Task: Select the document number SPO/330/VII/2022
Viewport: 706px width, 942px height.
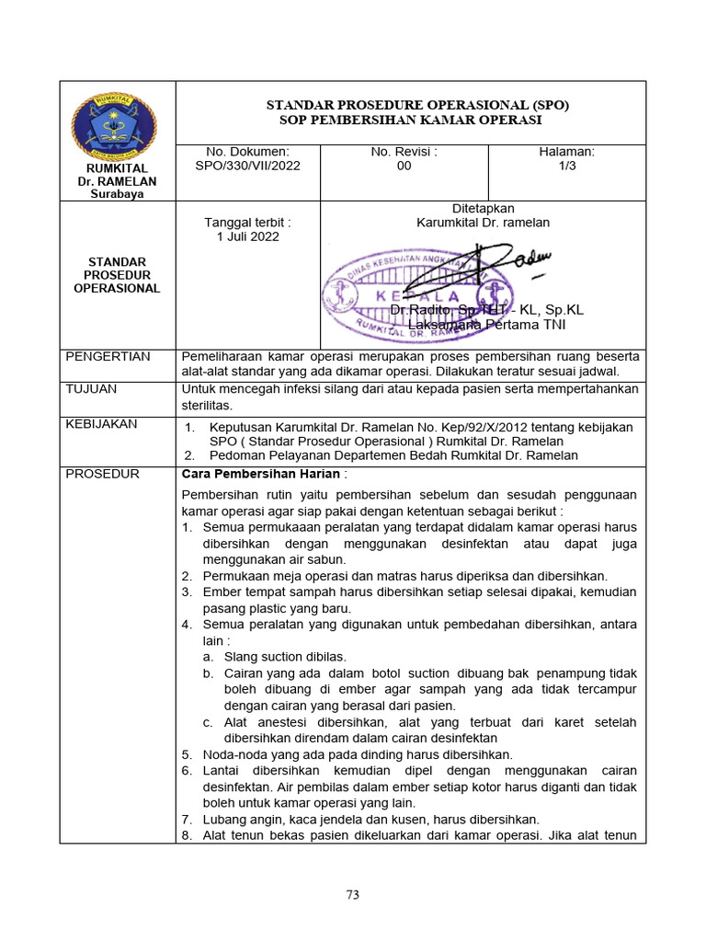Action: [x=248, y=167]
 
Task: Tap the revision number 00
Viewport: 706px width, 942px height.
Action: [x=404, y=167]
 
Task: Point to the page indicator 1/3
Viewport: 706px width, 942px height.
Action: [x=566, y=167]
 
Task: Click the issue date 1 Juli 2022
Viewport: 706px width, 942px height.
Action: [x=248, y=236]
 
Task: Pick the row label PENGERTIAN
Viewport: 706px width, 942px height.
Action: [x=108, y=357]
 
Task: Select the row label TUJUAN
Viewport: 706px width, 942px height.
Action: [x=91, y=389]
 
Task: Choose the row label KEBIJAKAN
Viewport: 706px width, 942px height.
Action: [x=101, y=424]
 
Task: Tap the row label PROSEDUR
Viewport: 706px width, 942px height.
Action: [x=102, y=474]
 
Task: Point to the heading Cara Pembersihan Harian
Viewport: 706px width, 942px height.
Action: [x=261, y=474]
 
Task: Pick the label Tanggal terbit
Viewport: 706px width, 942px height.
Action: [x=247, y=223]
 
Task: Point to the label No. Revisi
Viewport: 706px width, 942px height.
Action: [x=404, y=152]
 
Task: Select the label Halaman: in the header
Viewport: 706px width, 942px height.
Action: [x=566, y=152]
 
